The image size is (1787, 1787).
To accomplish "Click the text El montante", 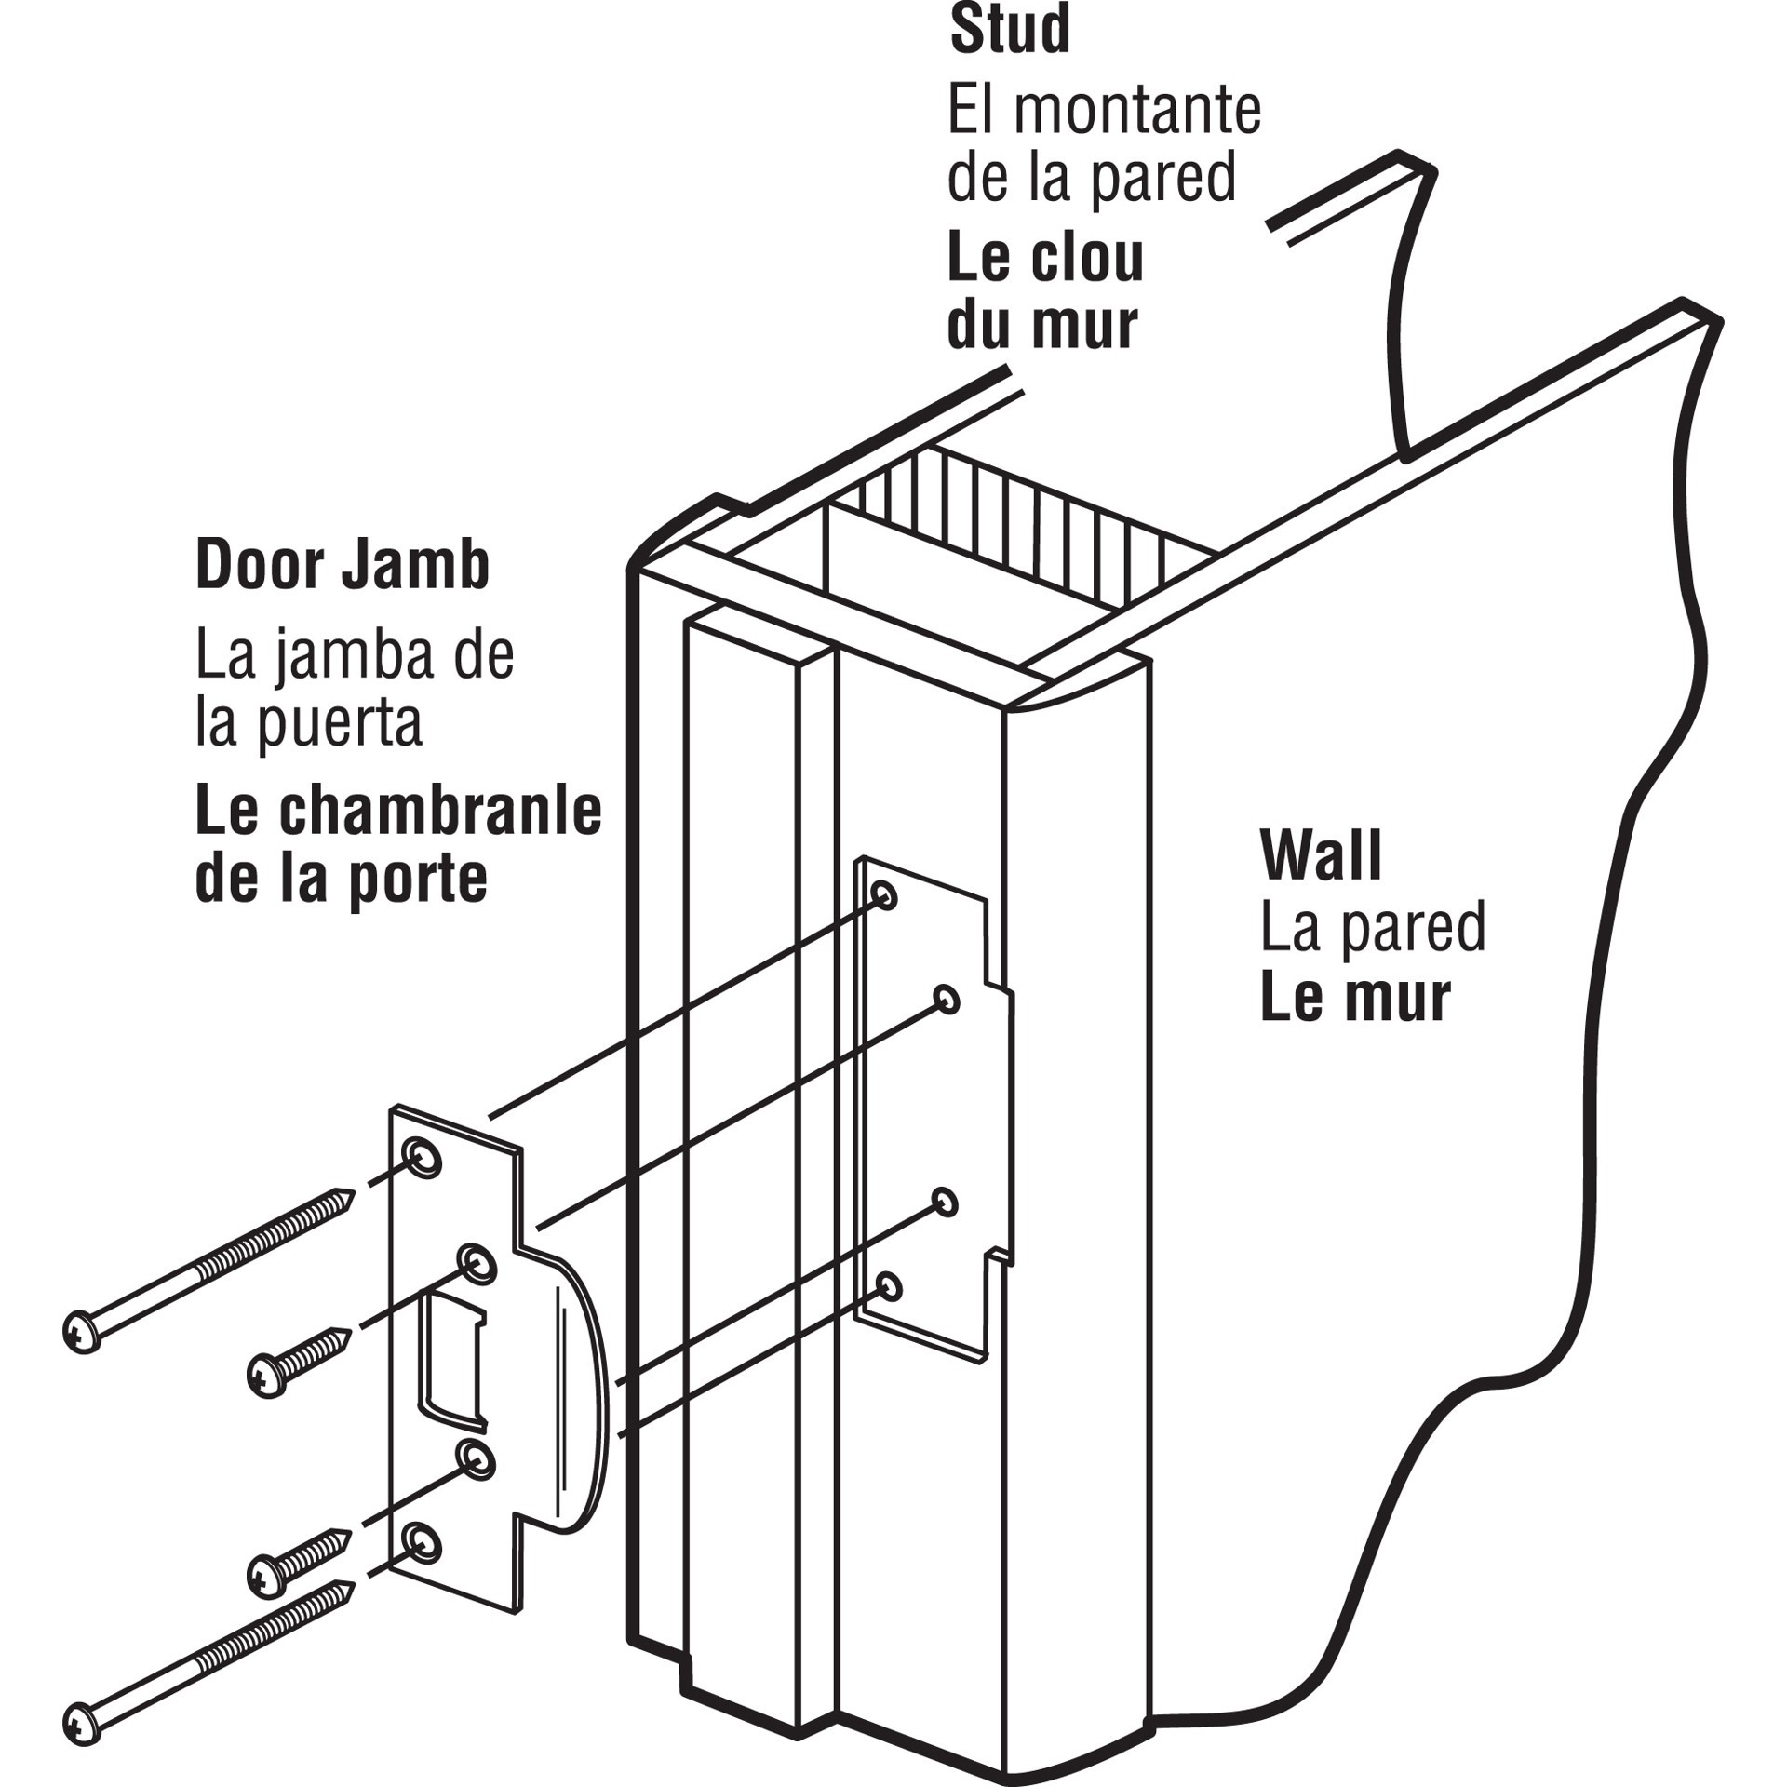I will pos(1104,111).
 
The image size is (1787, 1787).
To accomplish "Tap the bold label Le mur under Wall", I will pos(1355,998).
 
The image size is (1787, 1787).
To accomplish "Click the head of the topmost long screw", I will pos(82,1332).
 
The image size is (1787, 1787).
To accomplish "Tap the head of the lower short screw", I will pos(267,1575).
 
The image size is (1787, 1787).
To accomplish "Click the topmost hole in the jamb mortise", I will pos(884,895).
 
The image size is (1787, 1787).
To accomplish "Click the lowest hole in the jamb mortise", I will pos(890,1287).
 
